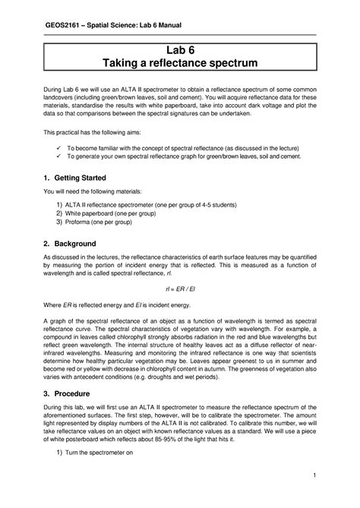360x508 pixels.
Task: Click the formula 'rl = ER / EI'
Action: coord(180,289)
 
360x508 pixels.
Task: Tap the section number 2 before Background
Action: coord(47,244)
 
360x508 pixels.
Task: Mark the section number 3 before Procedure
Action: coord(47,394)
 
